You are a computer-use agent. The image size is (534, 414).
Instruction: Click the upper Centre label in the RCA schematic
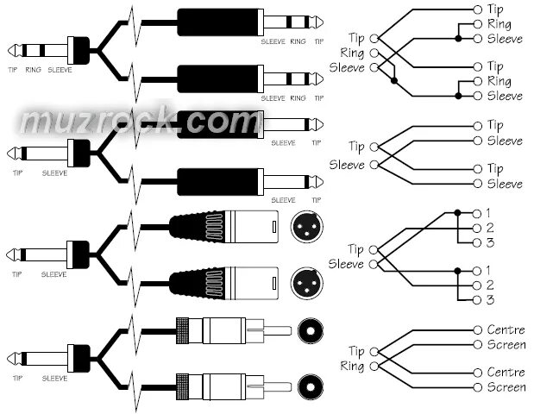pyautogui.click(x=506, y=330)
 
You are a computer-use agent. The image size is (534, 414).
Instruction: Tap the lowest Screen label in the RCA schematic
pyautogui.click(x=506, y=387)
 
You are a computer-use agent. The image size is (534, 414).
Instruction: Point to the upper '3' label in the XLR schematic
pyautogui.click(x=490, y=242)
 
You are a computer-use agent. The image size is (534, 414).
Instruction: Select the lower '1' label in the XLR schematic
pyautogui.click(x=490, y=271)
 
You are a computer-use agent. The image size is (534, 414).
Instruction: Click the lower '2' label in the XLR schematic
pyautogui.click(x=490, y=285)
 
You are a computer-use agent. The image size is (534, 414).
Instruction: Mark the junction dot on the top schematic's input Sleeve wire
pyautogui.click(x=394, y=81)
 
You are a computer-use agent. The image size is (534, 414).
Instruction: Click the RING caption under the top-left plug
pyautogui.click(x=34, y=69)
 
